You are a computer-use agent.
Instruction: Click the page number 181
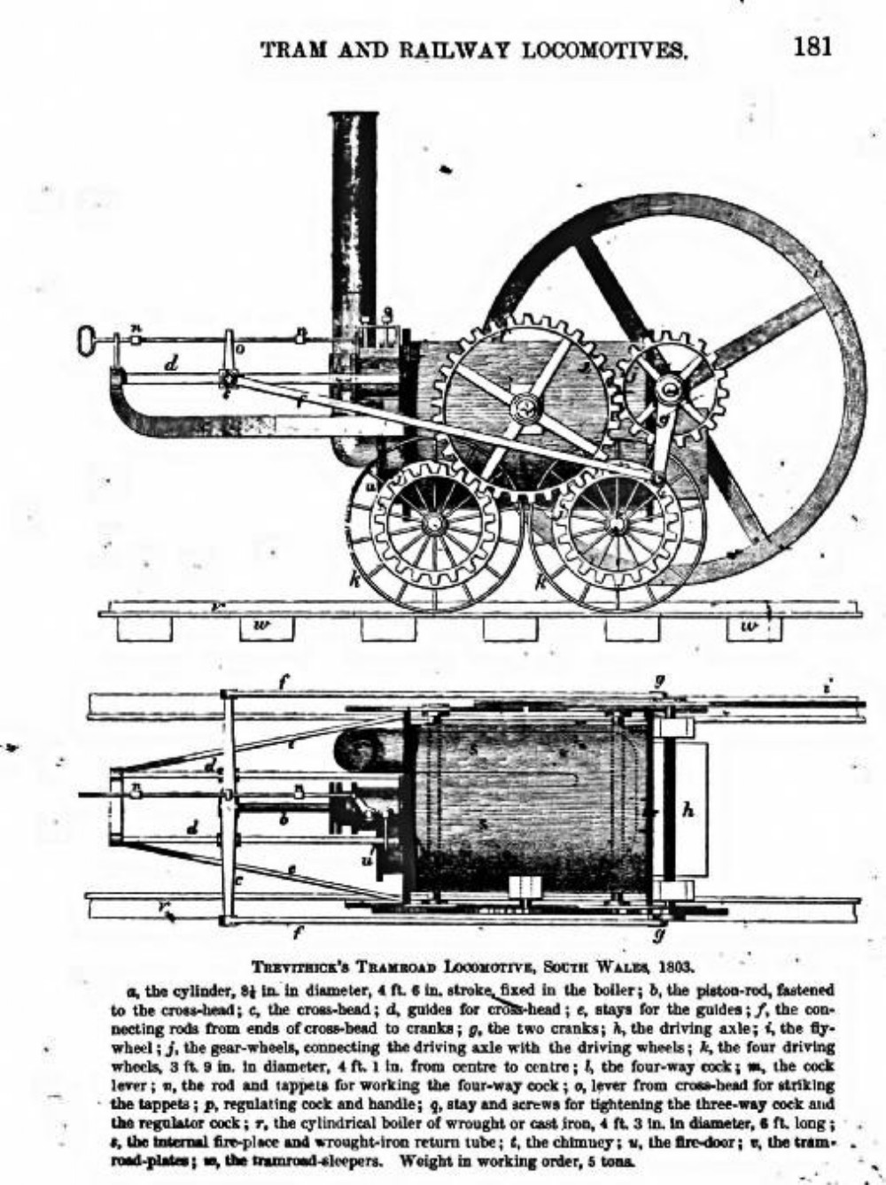812,45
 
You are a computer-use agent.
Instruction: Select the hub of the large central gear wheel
525,407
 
